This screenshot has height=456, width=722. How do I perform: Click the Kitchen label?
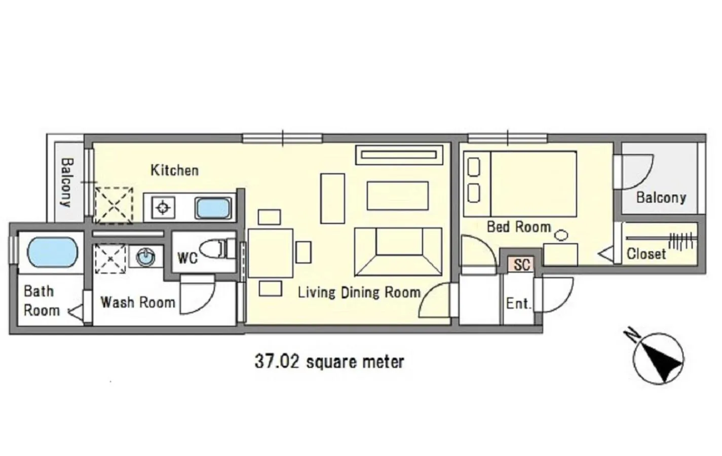coord(174,170)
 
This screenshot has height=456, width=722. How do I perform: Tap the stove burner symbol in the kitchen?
coord(163,208)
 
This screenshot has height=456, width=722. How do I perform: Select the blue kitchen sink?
coord(213,208)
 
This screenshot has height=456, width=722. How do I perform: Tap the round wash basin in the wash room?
coord(146,256)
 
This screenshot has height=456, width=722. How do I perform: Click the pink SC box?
coord(521,264)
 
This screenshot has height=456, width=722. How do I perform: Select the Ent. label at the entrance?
coord(518,303)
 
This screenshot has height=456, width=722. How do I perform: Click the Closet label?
coord(646,253)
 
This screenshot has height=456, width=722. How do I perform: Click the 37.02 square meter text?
coord(329,362)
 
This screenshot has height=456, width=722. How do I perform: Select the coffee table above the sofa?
coord(398,195)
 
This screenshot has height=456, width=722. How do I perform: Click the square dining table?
coord(271,253)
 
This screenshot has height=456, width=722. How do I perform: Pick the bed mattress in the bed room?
coord(533,183)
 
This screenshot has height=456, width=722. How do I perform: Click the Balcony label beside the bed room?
coord(661,197)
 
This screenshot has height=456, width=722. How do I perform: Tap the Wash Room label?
coord(138,302)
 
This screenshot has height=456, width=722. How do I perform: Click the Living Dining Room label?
coord(359,292)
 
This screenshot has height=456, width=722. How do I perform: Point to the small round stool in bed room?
coord(561,235)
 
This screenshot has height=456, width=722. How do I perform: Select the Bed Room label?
coord(518,226)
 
